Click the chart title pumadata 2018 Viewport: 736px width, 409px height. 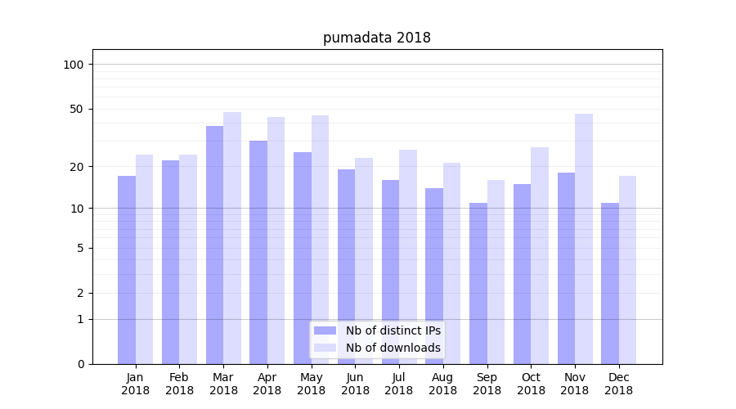pyautogui.click(x=376, y=38)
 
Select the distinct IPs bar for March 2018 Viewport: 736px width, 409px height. pyautogui.click(x=214, y=245)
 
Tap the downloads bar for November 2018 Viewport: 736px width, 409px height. pyautogui.click(x=584, y=237)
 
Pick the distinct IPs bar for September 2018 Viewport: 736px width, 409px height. pyautogui.click(x=478, y=283)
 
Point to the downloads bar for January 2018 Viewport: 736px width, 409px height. pyautogui.click(x=145, y=258)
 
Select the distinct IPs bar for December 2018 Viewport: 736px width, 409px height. pyautogui.click(x=610, y=283)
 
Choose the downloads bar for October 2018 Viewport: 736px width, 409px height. pyautogui.click(x=540, y=255)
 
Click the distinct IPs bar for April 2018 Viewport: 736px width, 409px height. pyautogui.click(x=258, y=252)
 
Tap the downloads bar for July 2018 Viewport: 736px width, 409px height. pyautogui.click(x=408, y=257)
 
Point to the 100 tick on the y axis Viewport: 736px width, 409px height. pyautogui.click(x=74, y=65)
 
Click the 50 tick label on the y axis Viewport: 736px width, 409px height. pyautogui.click(x=76, y=109)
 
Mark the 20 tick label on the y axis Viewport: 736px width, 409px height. pyautogui.click(x=76, y=167)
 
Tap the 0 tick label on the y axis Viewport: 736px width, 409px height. pyautogui.click(x=80, y=364)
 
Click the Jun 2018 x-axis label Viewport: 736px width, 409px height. pyautogui.click(x=355, y=384)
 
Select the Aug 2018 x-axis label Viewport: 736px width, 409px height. pyautogui.click(x=443, y=384)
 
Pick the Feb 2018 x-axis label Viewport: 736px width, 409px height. pyautogui.click(x=179, y=384)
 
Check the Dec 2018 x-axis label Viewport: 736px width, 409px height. pyautogui.click(x=618, y=384)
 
